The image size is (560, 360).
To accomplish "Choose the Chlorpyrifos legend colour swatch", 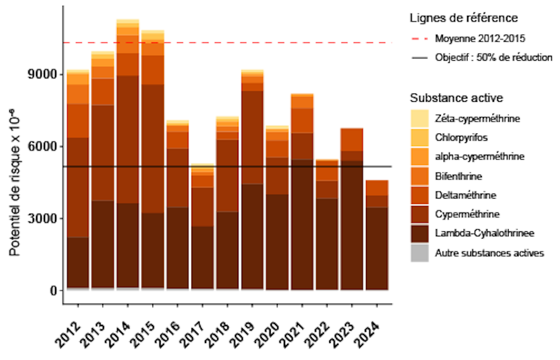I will click(419, 137).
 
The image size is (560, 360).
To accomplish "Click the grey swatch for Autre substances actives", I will click(419, 253).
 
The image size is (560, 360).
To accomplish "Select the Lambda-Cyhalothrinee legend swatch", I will click(419, 234).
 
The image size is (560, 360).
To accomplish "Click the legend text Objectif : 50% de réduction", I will click(493, 57).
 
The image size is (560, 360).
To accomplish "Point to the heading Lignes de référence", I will click(464, 18).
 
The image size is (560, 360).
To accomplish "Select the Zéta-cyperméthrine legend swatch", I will click(419, 118).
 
